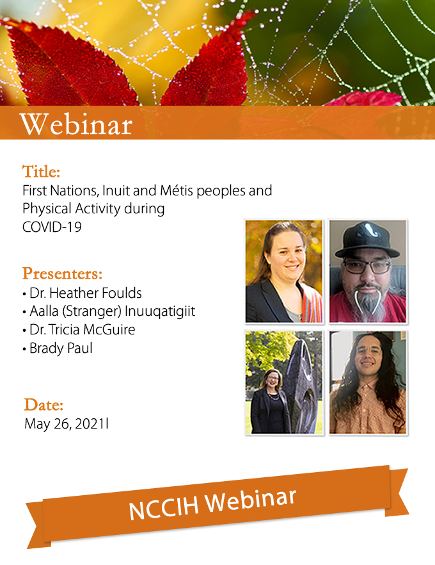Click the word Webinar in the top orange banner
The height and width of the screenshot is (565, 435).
(76, 124)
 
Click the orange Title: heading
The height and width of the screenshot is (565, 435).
(41, 172)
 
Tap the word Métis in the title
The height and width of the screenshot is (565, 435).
(177, 190)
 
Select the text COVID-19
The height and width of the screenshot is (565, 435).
(52, 227)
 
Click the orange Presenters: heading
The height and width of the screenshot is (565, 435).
(62, 274)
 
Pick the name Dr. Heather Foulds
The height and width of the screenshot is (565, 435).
(86, 293)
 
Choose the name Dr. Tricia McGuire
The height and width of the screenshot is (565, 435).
(83, 330)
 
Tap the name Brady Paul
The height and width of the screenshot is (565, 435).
(61, 348)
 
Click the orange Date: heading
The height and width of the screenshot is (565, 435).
(43, 405)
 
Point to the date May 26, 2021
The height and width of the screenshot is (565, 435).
(65, 424)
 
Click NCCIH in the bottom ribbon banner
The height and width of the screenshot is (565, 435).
(164, 506)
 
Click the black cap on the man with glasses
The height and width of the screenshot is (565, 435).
(367, 240)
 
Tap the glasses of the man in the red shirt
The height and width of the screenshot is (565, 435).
(367, 267)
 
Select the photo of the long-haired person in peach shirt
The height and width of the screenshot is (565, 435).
(368, 382)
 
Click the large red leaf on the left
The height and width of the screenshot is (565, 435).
(72, 65)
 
